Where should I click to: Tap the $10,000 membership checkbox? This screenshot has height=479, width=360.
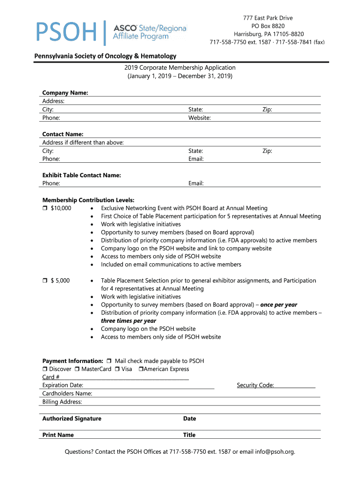(x=45, y=208)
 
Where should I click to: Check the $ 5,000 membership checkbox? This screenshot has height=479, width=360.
(x=45, y=281)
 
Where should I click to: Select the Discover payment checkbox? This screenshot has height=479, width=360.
(x=45, y=369)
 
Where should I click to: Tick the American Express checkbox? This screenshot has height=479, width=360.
(x=141, y=369)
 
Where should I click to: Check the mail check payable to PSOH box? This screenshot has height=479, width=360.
(x=109, y=361)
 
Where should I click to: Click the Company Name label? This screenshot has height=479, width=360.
(x=65, y=93)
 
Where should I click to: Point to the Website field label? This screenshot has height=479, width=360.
(x=199, y=118)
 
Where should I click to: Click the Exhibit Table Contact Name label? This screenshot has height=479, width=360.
(x=81, y=175)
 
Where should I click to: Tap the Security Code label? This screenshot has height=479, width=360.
(x=255, y=385)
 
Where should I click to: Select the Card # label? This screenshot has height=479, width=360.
(x=51, y=377)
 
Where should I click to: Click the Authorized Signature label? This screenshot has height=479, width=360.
(x=72, y=419)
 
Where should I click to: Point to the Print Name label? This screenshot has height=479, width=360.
(x=58, y=435)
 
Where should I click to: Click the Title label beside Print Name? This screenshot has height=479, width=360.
(x=189, y=435)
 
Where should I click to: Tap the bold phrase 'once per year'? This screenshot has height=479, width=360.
(x=279, y=305)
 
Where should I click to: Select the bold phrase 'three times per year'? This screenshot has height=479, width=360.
(x=129, y=321)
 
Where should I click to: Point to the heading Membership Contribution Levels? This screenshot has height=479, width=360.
(x=88, y=200)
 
